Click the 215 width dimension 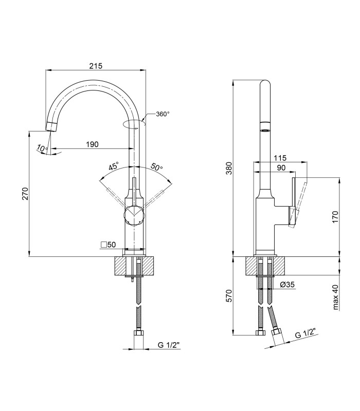[x=96, y=66]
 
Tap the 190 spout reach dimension [x=93, y=144]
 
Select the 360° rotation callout [x=163, y=114]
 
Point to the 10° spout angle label [x=42, y=148]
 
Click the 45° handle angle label [x=114, y=166]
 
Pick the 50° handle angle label [x=157, y=166]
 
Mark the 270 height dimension [x=25, y=194]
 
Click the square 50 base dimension [x=108, y=245]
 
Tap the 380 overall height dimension [x=229, y=169]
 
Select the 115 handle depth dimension [x=280, y=158]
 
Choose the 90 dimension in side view [x=281, y=168]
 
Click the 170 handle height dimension [x=335, y=217]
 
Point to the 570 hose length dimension [x=229, y=296]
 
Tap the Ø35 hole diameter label [x=287, y=285]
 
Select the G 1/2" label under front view [x=169, y=345]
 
